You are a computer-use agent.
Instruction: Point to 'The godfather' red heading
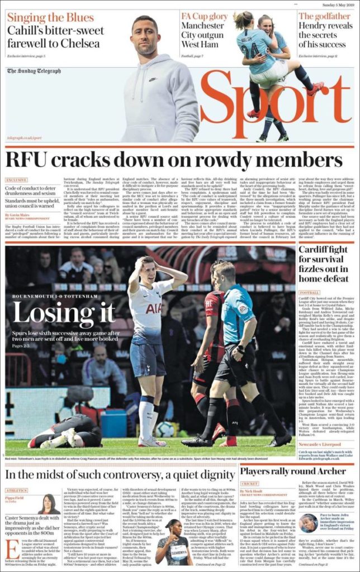coord(324,16)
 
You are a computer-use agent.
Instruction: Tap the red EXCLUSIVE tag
coord(16,180)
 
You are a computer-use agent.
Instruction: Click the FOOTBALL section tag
coord(309,292)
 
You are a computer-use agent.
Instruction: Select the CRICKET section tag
coord(249,485)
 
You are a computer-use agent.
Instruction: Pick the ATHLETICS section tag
coord(16,491)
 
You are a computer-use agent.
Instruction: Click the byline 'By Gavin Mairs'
coord(18,214)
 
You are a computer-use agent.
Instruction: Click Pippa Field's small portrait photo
coord(49,504)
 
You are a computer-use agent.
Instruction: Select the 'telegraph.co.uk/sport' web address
coord(25,137)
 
